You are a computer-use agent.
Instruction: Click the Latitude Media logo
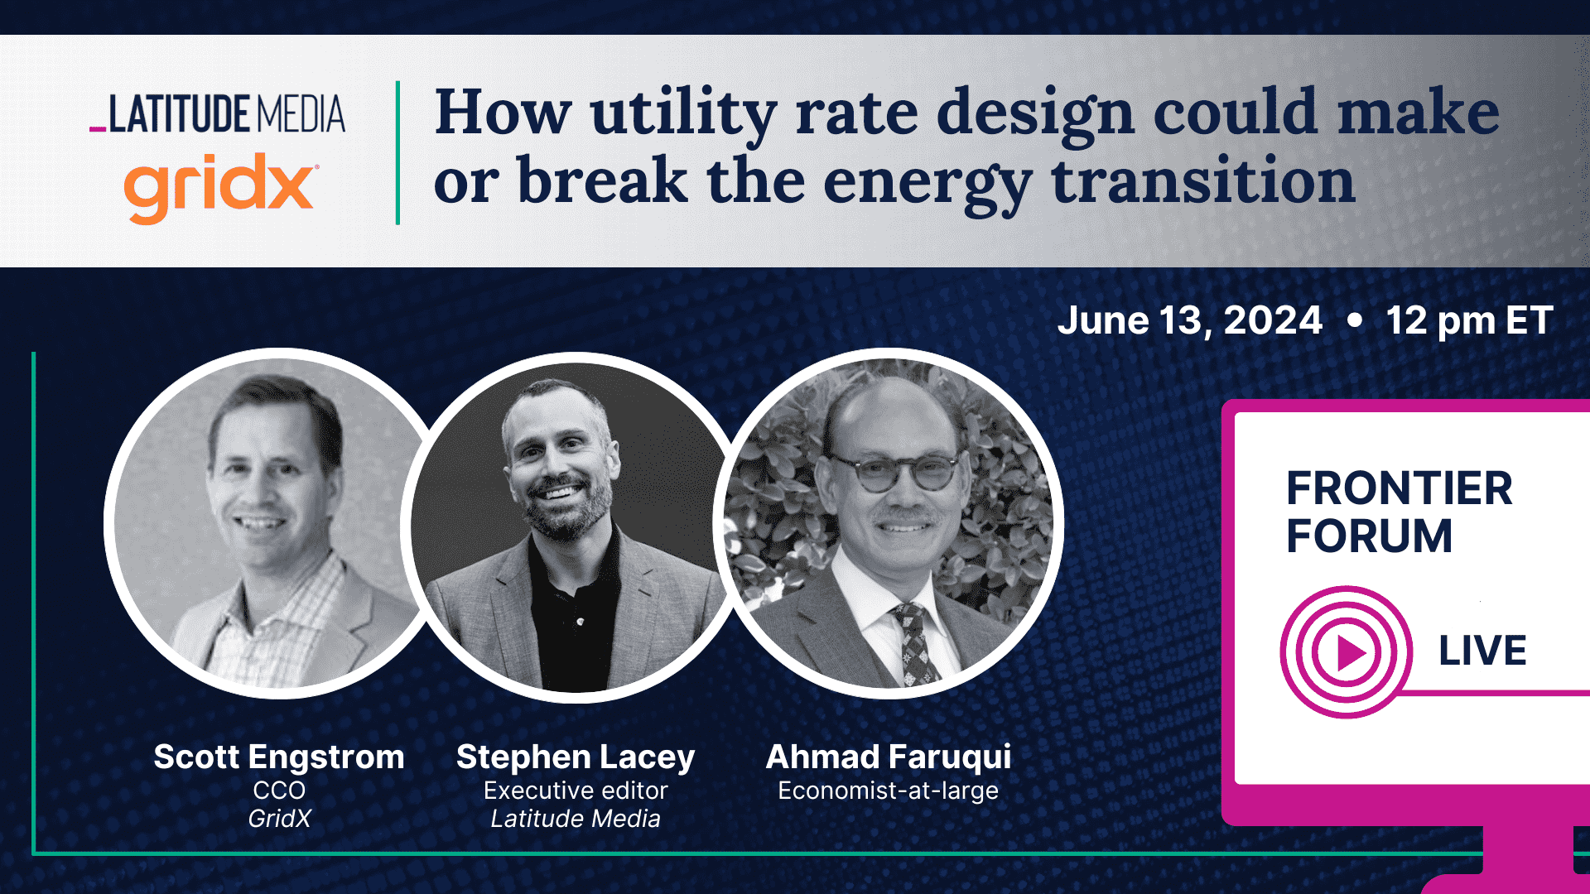coord(219,114)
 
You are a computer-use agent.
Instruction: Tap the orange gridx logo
coord(219,185)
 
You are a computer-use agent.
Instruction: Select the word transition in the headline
coord(1202,181)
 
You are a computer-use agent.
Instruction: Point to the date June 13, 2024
coord(1189,320)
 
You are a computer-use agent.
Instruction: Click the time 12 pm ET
coord(1469,320)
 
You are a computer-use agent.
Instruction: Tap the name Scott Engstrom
coord(279,757)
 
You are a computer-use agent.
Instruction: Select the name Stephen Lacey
coord(576,757)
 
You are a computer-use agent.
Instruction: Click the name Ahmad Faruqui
coord(889,757)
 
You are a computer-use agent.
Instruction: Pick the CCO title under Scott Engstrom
coord(279,791)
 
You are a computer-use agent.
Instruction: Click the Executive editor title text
coord(576,791)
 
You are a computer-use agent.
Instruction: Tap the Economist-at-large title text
coord(888,791)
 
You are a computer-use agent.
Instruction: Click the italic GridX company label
coord(279,819)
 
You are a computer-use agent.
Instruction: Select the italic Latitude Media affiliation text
coord(576,819)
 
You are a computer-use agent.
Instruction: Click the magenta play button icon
coord(1347,653)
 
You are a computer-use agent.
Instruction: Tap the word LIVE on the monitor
coord(1482,651)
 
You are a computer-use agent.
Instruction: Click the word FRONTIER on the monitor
coord(1399,488)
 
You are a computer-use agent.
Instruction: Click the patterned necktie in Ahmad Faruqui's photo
coord(915,642)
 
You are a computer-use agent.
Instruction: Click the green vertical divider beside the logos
coord(398,152)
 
